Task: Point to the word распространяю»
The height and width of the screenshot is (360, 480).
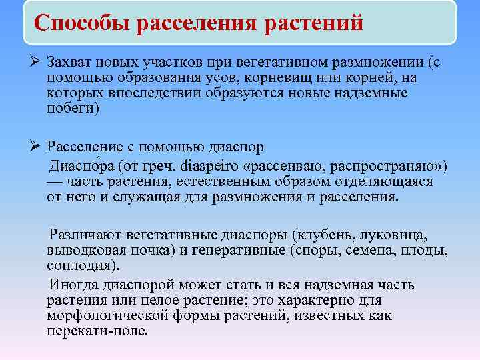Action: tap(386, 165)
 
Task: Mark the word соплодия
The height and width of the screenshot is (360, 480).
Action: tap(83, 265)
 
